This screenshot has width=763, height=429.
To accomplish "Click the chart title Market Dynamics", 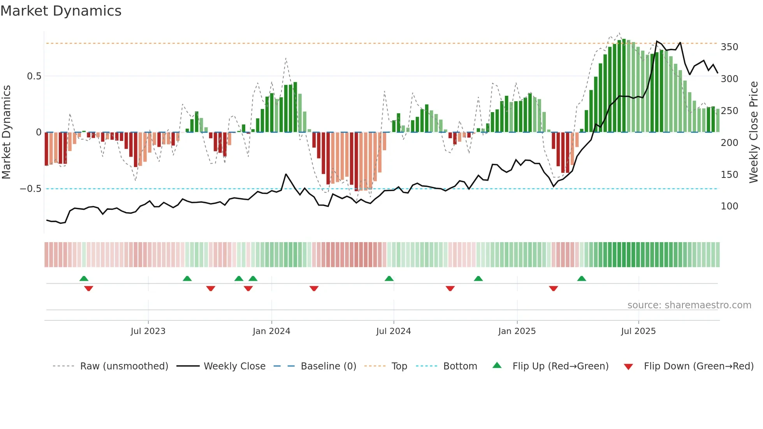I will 61,11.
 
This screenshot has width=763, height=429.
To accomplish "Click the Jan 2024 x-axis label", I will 271,331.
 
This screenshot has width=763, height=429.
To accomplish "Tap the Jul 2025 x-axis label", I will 638,331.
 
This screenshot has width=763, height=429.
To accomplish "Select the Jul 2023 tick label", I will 148,331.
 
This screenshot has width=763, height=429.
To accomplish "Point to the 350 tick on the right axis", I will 729,47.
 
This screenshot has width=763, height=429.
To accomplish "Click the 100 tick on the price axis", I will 729,206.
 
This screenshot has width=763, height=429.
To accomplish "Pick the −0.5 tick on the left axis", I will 31,189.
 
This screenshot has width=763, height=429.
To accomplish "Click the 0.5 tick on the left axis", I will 34,76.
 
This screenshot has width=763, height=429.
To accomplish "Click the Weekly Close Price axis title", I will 754,132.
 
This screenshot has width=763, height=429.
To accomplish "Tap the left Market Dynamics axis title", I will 6,132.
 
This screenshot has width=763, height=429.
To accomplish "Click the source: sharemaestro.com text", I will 689,305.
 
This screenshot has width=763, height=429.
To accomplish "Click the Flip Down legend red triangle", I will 628,367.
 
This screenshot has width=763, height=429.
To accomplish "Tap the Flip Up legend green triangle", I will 497,366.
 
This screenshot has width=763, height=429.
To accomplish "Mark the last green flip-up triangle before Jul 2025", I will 582,279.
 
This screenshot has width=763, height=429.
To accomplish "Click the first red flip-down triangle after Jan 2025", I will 553,288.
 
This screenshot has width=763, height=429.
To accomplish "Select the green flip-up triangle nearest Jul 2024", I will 389,279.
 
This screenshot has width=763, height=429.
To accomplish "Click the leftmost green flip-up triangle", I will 84,279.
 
